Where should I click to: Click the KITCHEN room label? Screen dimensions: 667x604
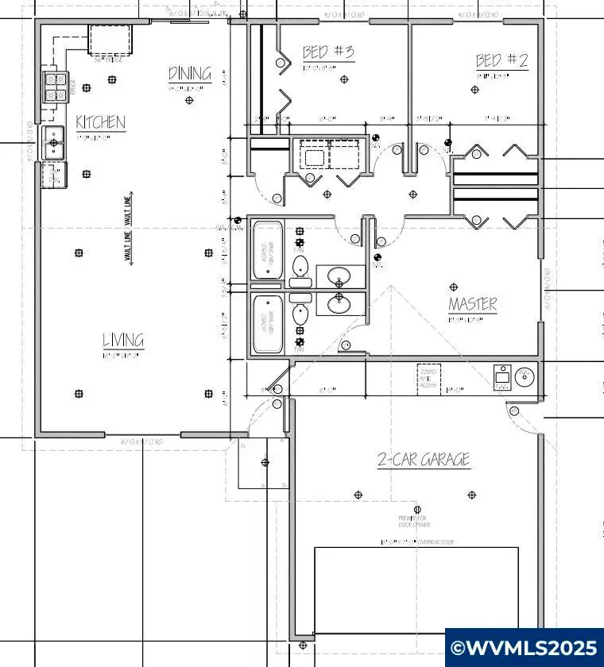(x=100, y=122)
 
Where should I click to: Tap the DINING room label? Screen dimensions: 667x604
(x=190, y=74)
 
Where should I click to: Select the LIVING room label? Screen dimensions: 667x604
(x=123, y=341)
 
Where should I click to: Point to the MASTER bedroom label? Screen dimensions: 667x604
(x=472, y=303)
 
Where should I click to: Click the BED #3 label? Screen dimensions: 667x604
(x=327, y=52)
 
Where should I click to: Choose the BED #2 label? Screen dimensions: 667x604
(x=501, y=60)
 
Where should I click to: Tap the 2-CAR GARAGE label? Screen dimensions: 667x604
(x=423, y=459)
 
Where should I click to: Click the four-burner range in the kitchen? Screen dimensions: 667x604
(x=55, y=87)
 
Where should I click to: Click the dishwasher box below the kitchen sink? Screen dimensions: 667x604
(x=52, y=175)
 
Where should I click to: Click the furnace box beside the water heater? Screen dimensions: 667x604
(x=502, y=378)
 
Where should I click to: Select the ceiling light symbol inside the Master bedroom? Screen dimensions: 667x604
(x=454, y=287)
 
